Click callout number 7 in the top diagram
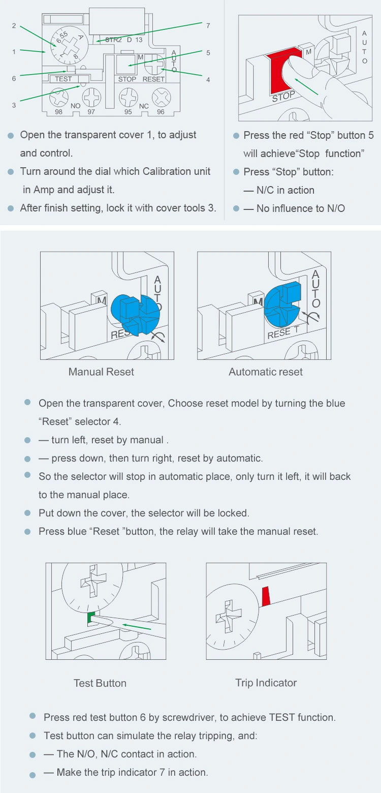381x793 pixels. coord(208,25)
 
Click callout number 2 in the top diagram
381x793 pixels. coord(14,25)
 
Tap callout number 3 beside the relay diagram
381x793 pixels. coord(14,105)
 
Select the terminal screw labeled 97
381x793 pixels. coord(91,97)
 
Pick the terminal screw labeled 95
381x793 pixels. coord(128,97)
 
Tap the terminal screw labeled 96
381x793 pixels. coord(161,97)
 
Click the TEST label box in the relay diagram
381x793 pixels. coord(63,79)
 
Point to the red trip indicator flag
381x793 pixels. coord(266,596)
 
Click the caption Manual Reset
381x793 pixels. coord(101,372)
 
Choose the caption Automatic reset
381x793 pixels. coord(265,372)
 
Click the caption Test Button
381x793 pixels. coord(100,683)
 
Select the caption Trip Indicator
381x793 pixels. coord(266,683)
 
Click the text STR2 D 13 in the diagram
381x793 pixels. coord(124,40)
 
